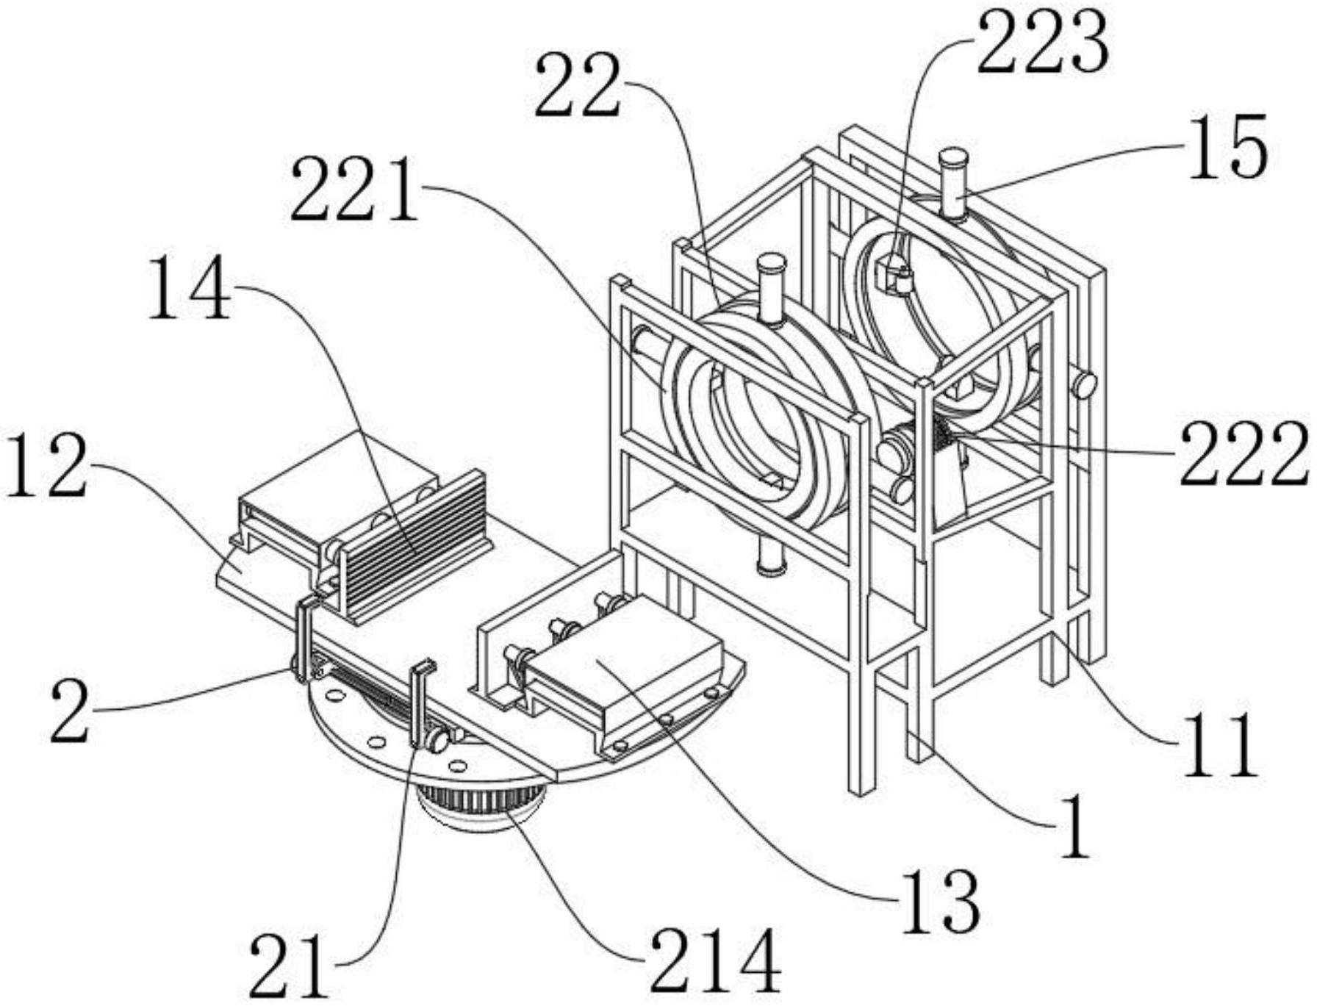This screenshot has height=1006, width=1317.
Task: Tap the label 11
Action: [1220, 745]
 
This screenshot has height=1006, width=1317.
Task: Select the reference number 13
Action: [941, 901]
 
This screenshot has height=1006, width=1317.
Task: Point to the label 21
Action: [288, 966]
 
